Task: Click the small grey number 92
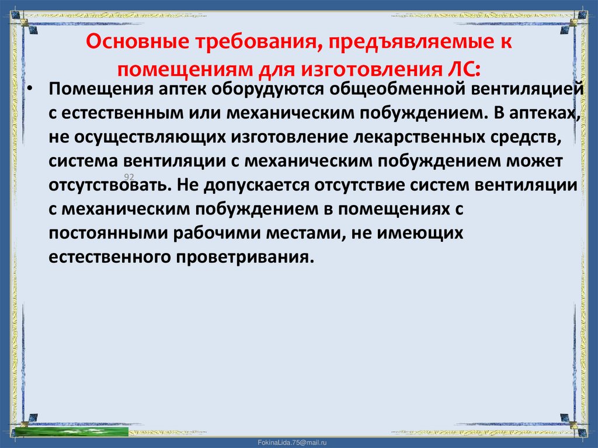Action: (128, 176)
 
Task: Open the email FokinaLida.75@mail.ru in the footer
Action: (299, 443)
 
